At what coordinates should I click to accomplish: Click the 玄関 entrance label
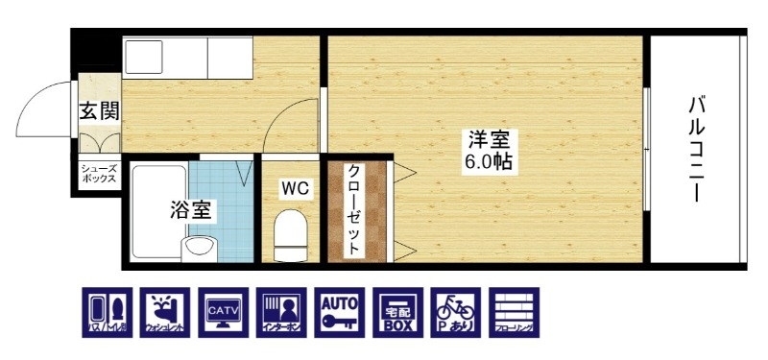(x=99, y=111)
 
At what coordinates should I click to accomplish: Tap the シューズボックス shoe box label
(x=99, y=174)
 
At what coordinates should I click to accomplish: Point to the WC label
(x=294, y=189)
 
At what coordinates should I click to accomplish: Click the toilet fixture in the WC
(x=289, y=234)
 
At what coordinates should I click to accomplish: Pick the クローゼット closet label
(x=353, y=209)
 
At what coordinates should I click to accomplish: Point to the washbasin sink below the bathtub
(x=200, y=250)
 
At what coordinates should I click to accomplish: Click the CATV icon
(x=226, y=312)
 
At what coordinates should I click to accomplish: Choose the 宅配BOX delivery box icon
(x=397, y=312)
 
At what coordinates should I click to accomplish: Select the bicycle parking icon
(x=454, y=312)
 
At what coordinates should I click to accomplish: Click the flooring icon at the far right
(x=513, y=312)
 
